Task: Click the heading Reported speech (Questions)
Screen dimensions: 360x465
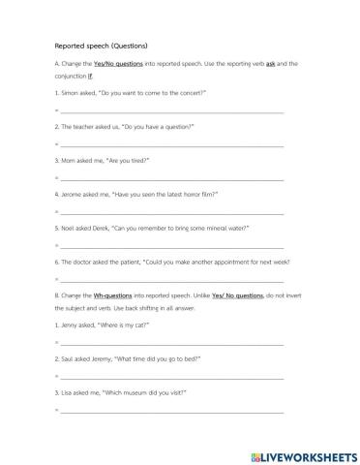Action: click(x=93, y=45)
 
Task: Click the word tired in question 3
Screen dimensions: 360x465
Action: click(x=135, y=160)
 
